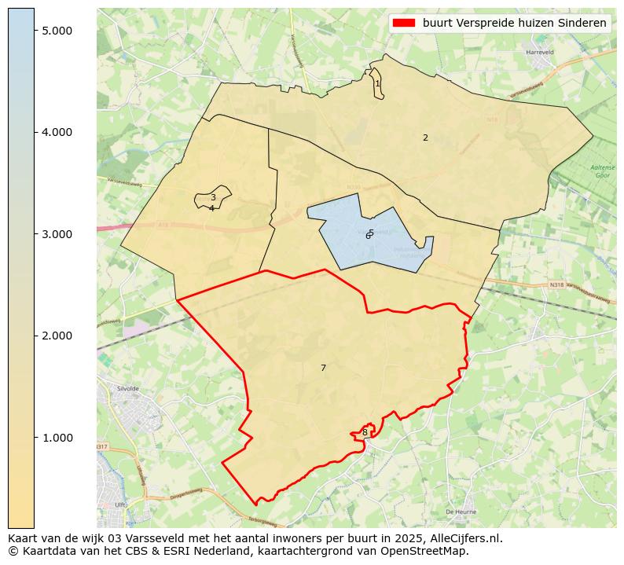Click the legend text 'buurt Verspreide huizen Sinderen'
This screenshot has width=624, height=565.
coord(514,23)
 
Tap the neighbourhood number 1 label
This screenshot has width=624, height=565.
coord(377,83)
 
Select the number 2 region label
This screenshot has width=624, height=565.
coord(425,138)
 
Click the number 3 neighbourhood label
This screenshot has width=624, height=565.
coord(213,198)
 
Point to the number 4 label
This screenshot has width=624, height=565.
coord(211,208)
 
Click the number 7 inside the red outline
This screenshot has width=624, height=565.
coord(323,368)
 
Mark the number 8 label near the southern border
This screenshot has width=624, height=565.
coord(365,432)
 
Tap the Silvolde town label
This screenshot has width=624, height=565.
coord(127,388)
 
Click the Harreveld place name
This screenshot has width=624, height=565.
coord(541,53)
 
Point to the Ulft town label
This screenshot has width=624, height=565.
coord(120,505)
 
